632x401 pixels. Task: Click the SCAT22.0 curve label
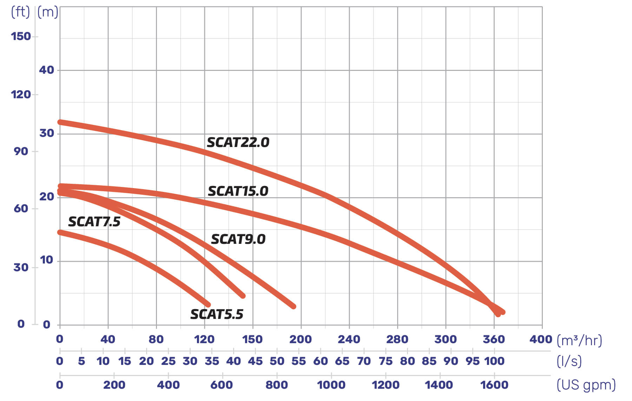click(238, 142)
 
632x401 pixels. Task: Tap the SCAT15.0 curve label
click(238, 191)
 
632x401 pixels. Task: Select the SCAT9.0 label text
click(238, 239)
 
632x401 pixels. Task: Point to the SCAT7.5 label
click(94, 222)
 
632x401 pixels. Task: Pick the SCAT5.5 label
click(217, 314)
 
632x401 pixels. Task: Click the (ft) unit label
click(20, 12)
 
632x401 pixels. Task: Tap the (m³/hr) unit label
click(579, 340)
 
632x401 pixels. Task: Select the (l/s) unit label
click(569, 361)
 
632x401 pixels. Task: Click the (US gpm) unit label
click(586, 385)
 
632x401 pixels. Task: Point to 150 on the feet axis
click(21, 36)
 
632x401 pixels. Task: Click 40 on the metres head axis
click(46, 70)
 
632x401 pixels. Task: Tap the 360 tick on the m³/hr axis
click(494, 339)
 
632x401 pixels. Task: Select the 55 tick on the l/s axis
click(298, 361)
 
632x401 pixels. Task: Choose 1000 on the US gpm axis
click(331, 385)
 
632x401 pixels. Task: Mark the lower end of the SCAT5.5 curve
click(208, 305)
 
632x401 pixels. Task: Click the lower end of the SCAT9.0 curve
click(294, 306)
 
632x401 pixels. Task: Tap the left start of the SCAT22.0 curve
click(60, 122)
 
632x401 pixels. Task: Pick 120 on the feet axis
click(21, 94)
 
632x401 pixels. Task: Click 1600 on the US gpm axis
click(494, 385)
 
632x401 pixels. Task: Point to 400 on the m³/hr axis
click(541, 339)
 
